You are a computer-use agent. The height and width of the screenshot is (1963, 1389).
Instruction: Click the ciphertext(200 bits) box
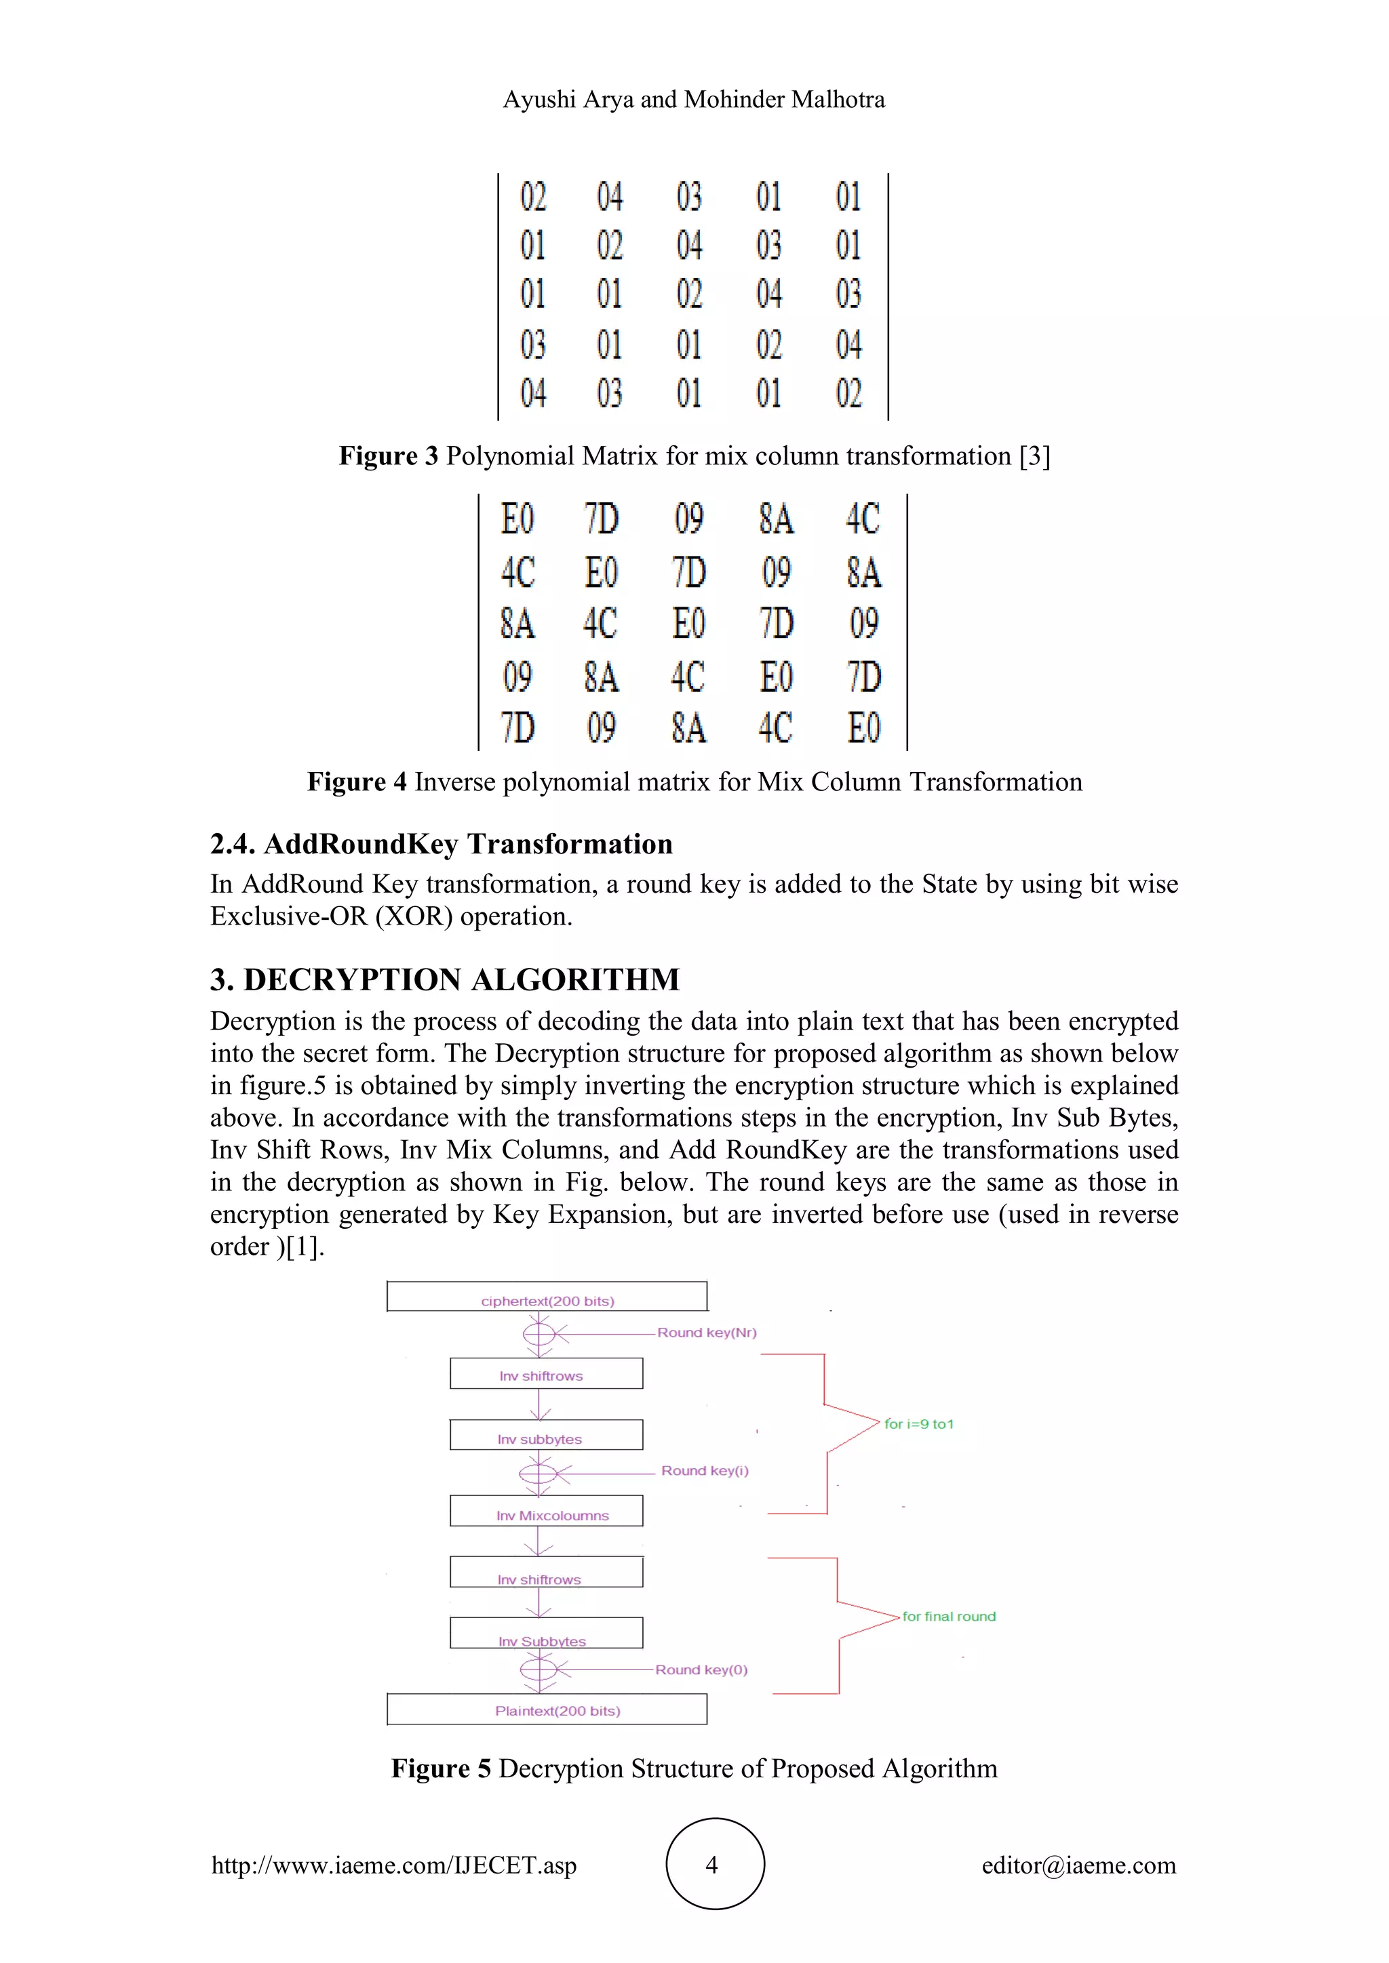click(x=547, y=1296)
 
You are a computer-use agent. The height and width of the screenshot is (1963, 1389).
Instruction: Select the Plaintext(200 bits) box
click(x=547, y=1710)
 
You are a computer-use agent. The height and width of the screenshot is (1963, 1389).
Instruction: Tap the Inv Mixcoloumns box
click(x=547, y=1512)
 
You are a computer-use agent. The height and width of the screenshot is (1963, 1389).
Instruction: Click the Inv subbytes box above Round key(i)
click(x=547, y=1436)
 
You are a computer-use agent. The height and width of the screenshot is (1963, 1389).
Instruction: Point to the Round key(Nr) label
click(x=707, y=1333)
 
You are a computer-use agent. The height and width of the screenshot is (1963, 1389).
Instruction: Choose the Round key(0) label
click(x=701, y=1669)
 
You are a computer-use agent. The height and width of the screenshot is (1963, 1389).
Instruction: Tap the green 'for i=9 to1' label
click(x=918, y=1423)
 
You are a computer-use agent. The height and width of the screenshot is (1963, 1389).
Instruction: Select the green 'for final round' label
click(x=949, y=1616)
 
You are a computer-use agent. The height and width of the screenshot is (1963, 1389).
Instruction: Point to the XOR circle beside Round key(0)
click(x=539, y=1669)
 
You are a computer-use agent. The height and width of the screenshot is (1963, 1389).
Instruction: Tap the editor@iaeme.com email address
click(x=1078, y=1865)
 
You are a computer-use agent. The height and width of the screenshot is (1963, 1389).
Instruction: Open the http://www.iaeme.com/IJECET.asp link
click(x=394, y=1865)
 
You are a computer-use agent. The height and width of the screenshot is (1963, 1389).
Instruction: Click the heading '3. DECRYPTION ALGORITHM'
click(x=445, y=979)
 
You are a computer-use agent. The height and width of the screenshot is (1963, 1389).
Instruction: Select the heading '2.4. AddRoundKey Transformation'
click(x=442, y=844)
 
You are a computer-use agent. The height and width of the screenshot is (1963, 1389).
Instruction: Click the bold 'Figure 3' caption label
click(x=389, y=456)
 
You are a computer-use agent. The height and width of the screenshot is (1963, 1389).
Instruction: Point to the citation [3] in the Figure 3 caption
click(x=1034, y=456)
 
